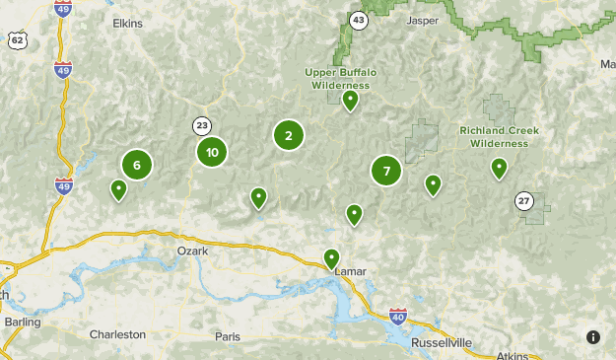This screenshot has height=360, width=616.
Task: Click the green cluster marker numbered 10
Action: [x=212, y=152]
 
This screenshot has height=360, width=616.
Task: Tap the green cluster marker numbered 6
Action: [x=137, y=166]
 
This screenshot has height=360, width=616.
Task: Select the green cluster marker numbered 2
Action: [x=289, y=136]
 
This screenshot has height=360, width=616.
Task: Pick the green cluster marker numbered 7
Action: [x=386, y=172]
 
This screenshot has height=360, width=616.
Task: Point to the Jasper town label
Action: [x=422, y=20]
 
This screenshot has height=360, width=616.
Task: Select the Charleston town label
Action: [x=117, y=334]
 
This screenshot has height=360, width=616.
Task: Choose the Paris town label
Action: [x=228, y=336]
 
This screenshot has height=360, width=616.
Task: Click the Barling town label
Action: [x=22, y=322]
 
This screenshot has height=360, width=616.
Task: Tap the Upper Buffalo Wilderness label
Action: [x=340, y=79]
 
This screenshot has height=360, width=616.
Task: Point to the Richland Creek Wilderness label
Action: [x=499, y=136]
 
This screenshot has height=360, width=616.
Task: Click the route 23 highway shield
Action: [x=202, y=125]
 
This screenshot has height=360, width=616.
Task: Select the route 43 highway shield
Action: [x=359, y=20]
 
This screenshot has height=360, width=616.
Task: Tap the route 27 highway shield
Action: [x=523, y=201]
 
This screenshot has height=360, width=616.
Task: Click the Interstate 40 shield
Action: [x=398, y=317]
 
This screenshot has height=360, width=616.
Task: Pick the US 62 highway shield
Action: [x=17, y=38]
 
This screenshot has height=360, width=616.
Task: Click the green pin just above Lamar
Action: [x=331, y=258]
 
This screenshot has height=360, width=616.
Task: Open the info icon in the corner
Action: [x=593, y=337]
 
